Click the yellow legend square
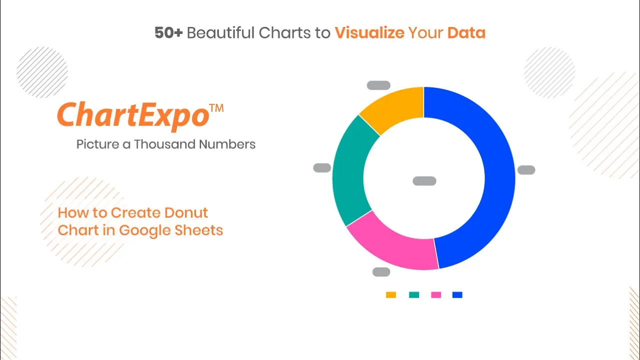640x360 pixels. click(391, 294)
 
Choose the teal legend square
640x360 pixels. click(414, 294)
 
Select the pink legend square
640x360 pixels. click(436, 294)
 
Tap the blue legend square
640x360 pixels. click(457, 294)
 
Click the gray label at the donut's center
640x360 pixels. click(424, 181)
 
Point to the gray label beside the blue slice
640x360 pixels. click(526, 169)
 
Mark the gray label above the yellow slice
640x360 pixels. click(378, 85)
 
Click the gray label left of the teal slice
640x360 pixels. click(322, 167)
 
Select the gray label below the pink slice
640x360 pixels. click(381, 271)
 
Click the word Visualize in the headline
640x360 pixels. click(369, 32)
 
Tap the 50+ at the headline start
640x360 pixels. click(168, 32)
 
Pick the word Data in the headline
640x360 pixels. click(466, 32)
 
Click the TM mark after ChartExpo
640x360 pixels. click(216, 108)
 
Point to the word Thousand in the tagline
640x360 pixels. click(164, 144)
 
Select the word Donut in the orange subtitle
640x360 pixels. click(186, 212)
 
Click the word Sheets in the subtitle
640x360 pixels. click(198, 230)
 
